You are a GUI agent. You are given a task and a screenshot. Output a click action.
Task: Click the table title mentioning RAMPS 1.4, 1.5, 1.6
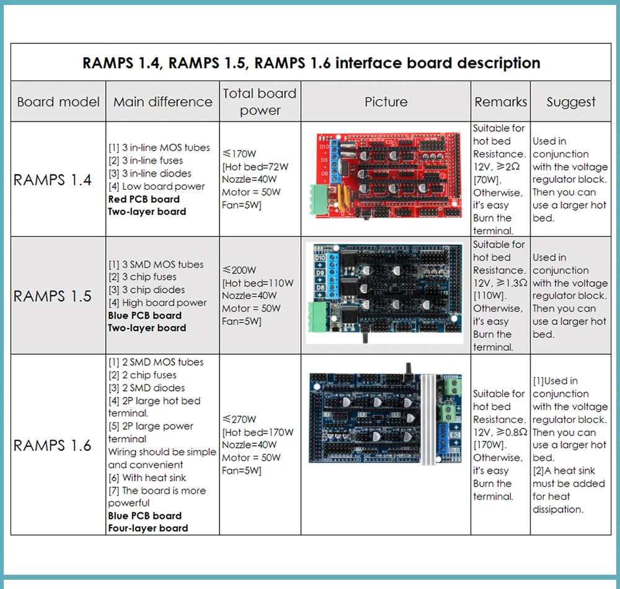pyautogui.click(x=311, y=63)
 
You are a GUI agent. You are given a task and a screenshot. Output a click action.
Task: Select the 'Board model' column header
pyautogui.click(x=58, y=102)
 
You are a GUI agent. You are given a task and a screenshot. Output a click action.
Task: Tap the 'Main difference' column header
pyautogui.click(x=162, y=102)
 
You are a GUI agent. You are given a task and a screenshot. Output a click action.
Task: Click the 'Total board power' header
pyautogui.click(x=260, y=102)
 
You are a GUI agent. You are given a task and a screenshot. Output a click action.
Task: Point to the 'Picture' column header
pyautogui.click(x=386, y=102)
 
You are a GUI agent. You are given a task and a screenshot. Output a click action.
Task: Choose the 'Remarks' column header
pyautogui.click(x=500, y=102)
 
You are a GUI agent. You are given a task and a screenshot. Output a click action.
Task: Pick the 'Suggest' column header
pyautogui.click(x=570, y=102)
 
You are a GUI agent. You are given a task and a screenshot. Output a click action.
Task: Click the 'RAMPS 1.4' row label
pyautogui.click(x=53, y=180)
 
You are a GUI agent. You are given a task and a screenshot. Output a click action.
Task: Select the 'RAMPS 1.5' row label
pyautogui.click(x=53, y=296)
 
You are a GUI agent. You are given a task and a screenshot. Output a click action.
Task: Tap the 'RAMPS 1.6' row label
pyautogui.click(x=53, y=445)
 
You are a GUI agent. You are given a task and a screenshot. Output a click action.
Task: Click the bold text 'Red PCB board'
pyautogui.click(x=144, y=199)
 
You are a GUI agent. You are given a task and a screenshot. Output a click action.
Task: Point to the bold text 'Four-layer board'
pyautogui.click(x=148, y=528)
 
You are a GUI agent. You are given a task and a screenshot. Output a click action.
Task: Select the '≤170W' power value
pyautogui.click(x=239, y=154)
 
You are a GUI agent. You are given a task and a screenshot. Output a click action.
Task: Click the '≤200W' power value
pyautogui.click(x=239, y=270)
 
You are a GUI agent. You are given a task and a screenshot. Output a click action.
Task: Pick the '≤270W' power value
pyautogui.click(x=239, y=419)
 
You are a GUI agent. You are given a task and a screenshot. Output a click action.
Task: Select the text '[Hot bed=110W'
pyautogui.click(x=257, y=283)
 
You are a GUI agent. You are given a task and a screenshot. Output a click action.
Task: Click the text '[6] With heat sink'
pyautogui.click(x=147, y=477)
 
